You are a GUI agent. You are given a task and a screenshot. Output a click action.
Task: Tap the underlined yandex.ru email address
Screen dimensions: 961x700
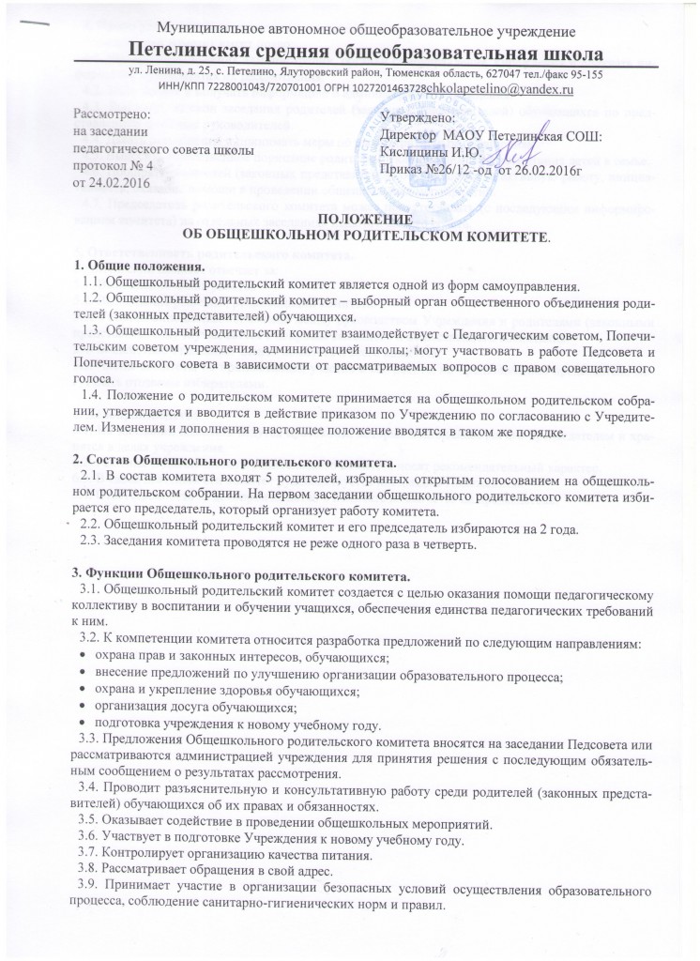pyautogui.click(x=505, y=89)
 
